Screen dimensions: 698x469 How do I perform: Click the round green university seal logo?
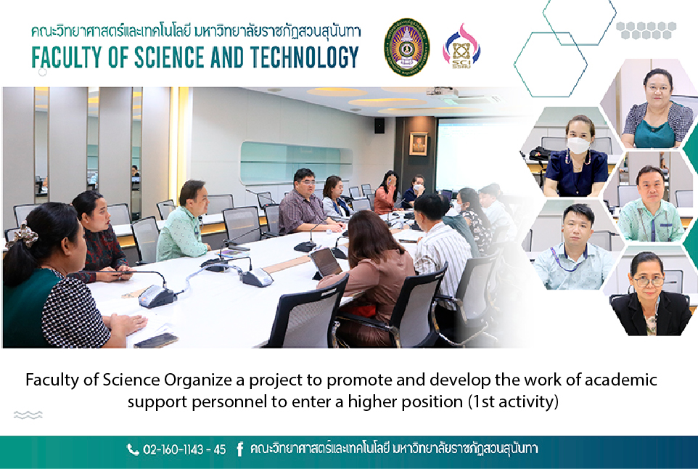pyautogui.click(x=406, y=47)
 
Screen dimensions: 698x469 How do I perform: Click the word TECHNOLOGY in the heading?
pyautogui.click(x=305, y=57)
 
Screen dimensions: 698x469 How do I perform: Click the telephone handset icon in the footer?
pyautogui.click(x=133, y=449)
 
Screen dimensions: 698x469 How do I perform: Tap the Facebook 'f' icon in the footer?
pyautogui.click(x=240, y=449)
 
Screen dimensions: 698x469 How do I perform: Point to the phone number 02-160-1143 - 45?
pyautogui.click(x=184, y=449)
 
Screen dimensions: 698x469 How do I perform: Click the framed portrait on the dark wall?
pyautogui.click(x=418, y=144)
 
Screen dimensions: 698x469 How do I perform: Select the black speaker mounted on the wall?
pyautogui.click(x=379, y=126)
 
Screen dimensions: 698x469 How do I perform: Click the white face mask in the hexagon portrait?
pyautogui.click(x=578, y=145)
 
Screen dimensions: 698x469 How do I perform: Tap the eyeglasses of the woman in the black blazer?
pyautogui.click(x=649, y=281)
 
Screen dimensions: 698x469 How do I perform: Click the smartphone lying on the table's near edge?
pyautogui.click(x=156, y=340)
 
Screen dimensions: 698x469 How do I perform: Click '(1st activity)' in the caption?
pyautogui.click(x=513, y=401)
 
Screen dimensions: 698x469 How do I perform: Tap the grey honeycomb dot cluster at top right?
pyautogui.click(x=646, y=30)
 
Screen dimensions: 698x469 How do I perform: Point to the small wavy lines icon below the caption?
pyautogui.click(x=28, y=415)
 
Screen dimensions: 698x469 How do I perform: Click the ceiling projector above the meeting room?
pyautogui.click(x=442, y=92)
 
